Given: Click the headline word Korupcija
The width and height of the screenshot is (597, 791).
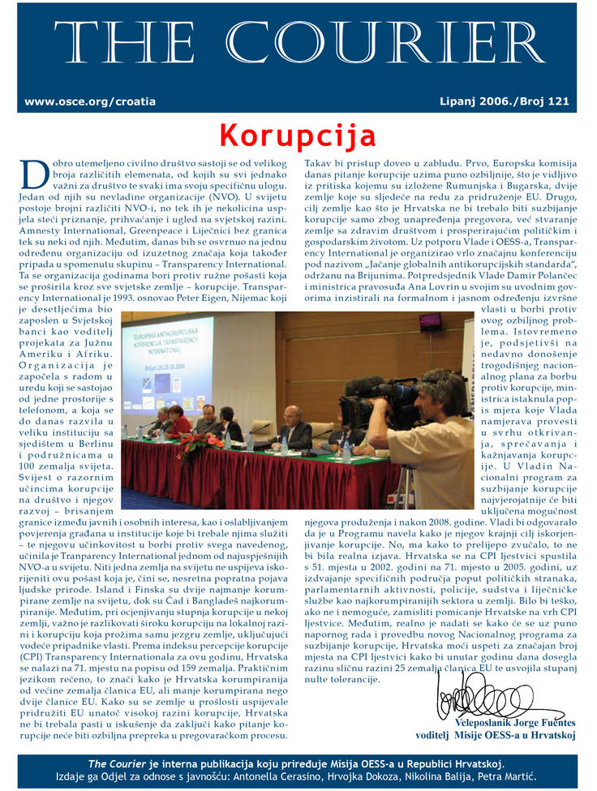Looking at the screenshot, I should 298,134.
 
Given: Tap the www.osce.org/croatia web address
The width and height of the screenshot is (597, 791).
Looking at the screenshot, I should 90,102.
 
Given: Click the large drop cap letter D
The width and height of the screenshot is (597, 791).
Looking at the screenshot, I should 29,174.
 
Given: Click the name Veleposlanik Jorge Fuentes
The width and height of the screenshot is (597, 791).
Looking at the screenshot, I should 515,722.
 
